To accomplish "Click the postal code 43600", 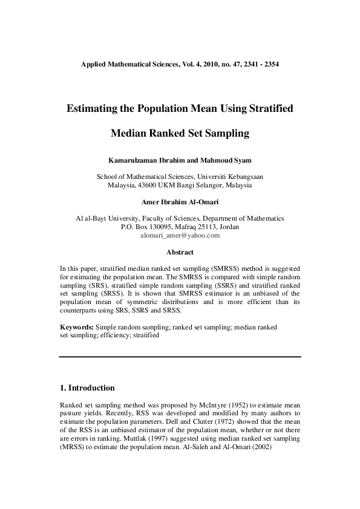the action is [x=151, y=185].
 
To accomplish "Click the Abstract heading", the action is [x=180, y=252].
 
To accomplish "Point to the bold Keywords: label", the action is [x=76, y=326].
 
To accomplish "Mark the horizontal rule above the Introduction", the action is [x=180, y=357].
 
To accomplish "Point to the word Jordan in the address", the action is [x=227, y=227].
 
